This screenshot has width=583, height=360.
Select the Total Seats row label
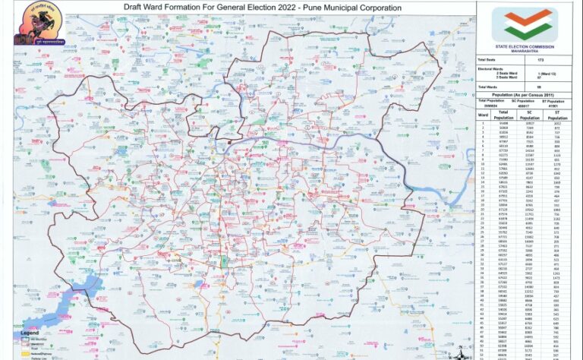487,59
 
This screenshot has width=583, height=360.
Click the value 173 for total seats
540,59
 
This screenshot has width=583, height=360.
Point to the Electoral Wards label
489,68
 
